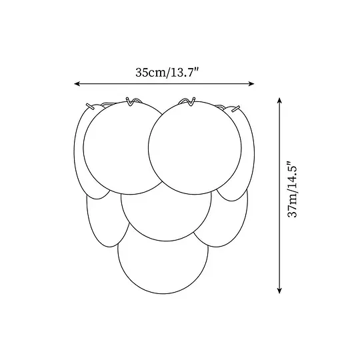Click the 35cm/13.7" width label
167,73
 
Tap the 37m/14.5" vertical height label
293,189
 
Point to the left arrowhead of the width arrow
77,84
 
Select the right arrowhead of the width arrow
251,84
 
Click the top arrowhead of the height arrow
279,101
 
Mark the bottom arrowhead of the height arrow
279,291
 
